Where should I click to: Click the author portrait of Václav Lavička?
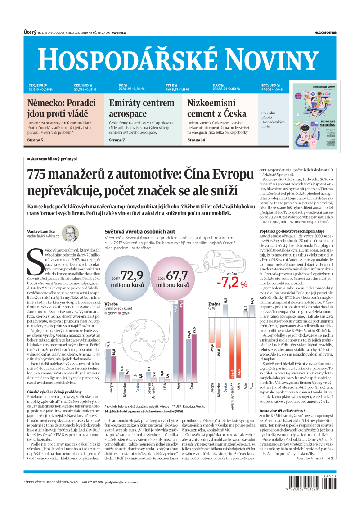click(70, 233)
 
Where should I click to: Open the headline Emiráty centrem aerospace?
click(142, 108)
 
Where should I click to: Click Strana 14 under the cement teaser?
click(196, 140)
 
